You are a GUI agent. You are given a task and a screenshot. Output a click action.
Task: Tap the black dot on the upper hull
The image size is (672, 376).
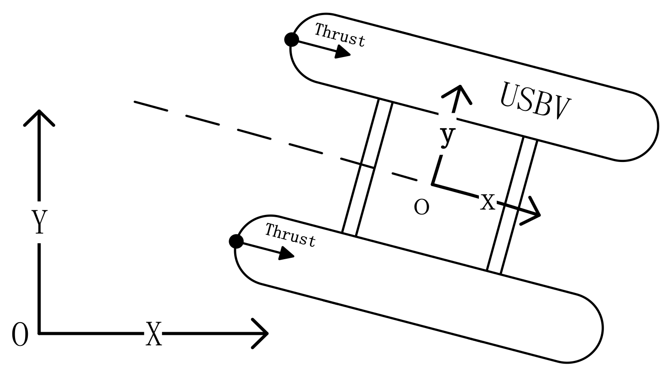(291, 40)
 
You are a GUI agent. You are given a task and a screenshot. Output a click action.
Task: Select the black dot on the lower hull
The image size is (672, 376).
(236, 241)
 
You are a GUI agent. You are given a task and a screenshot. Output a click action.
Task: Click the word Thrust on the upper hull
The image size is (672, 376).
(340, 35)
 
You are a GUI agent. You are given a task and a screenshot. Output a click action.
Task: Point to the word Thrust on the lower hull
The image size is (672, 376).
(290, 235)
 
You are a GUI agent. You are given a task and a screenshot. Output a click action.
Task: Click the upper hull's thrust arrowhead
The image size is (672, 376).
(343, 52)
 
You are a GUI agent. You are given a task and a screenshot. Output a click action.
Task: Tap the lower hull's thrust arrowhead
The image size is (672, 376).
(287, 254)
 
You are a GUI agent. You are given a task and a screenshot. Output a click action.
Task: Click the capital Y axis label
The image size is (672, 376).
(39, 222)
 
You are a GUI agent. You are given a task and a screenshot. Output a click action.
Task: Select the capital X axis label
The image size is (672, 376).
(153, 334)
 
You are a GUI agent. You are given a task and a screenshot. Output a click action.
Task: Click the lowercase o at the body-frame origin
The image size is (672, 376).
(421, 208)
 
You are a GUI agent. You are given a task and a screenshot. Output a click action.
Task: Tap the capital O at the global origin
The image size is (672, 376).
(20, 334)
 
